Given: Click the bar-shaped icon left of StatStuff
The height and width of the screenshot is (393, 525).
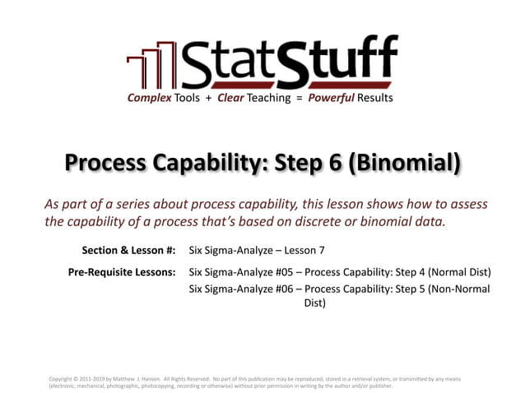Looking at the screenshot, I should [151, 69].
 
